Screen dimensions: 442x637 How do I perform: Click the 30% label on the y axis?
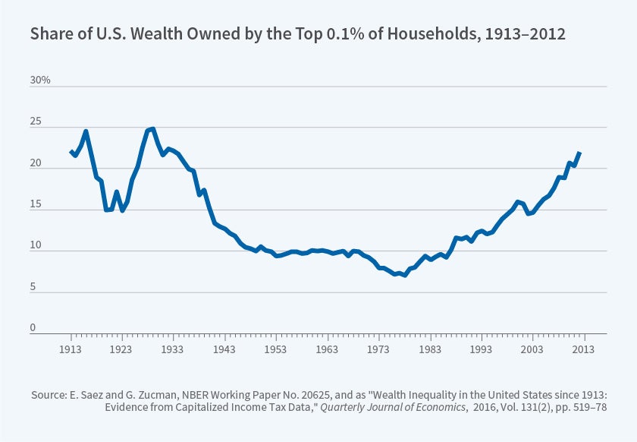(40, 80)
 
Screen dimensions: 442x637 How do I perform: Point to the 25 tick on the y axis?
(36, 122)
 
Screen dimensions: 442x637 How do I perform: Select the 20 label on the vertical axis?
(36, 163)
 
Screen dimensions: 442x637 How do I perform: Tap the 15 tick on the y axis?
(36, 204)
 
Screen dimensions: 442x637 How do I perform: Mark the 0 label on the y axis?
(33, 328)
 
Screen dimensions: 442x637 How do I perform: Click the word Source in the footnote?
(48, 395)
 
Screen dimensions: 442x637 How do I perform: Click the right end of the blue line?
(580, 153)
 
